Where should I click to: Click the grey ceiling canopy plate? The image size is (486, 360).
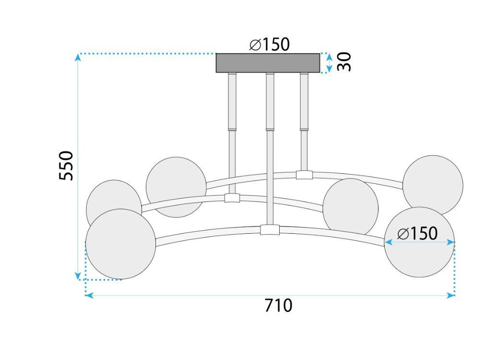(x=268, y=63)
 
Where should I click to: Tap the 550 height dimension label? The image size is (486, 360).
(x=66, y=166)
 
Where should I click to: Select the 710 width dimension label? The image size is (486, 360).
(x=278, y=305)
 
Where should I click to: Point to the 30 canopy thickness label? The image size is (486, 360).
(x=344, y=62)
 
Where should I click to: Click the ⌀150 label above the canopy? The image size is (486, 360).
(x=270, y=44)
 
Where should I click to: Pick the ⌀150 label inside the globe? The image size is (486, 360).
(x=417, y=233)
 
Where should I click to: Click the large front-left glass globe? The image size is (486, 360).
(x=120, y=244)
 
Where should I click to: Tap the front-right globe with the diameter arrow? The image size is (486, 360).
(x=419, y=242)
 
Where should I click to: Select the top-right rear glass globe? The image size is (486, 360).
(x=433, y=185)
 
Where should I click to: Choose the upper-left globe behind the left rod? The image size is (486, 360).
(x=176, y=187)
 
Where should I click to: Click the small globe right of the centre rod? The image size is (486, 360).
(x=350, y=207)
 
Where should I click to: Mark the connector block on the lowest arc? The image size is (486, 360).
(x=270, y=230)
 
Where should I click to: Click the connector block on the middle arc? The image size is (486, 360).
(x=232, y=198)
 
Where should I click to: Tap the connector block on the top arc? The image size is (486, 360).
(x=304, y=175)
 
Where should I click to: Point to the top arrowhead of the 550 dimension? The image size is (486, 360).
(x=78, y=58)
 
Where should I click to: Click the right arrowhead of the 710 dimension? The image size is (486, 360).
(x=450, y=295)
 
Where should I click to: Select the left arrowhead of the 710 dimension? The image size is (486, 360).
(x=89, y=295)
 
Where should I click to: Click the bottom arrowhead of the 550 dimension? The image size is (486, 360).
(x=78, y=276)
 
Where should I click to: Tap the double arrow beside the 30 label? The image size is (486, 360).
(x=329, y=63)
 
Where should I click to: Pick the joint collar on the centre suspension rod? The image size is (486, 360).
(x=270, y=129)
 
